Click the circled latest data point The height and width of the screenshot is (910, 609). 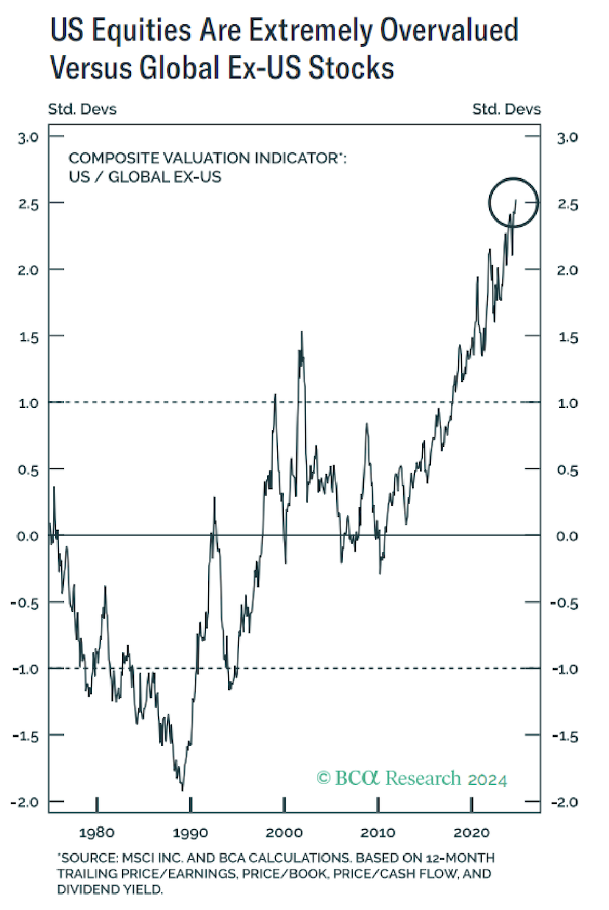pyautogui.click(x=516, y=200)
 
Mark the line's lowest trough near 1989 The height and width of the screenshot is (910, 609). pyautogui.click(x=182, y=790)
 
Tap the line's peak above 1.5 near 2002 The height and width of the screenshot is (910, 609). pyautogui.click(x=302, y=332)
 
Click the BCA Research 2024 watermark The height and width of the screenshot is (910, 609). pyautogui.click(x=412, y=778)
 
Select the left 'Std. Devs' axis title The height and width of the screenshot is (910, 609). pyautogui.click(x=82, y=110)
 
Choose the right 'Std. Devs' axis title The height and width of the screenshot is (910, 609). pyautogui.click(x=506, y=110)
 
